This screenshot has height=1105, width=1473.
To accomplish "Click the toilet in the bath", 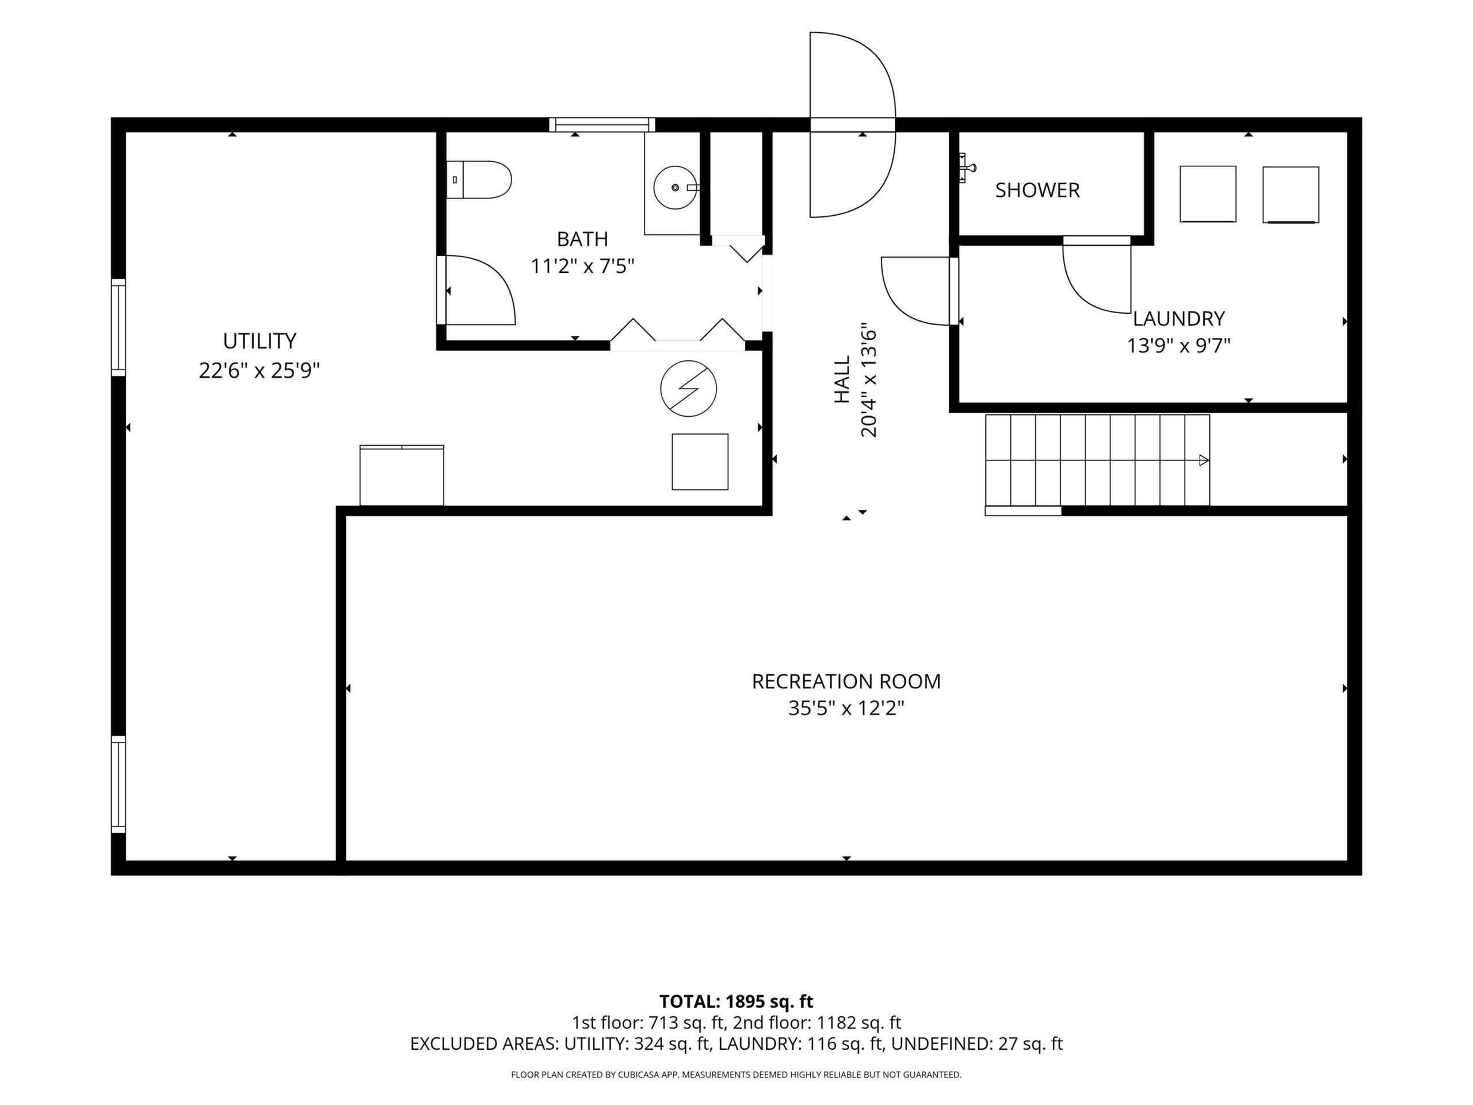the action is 478,180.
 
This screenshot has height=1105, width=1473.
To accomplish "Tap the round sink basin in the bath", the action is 676,188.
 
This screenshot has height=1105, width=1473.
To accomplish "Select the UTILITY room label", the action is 260,341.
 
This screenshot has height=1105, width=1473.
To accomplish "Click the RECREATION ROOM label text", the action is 846,681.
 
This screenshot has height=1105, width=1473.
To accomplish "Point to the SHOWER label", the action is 1037,190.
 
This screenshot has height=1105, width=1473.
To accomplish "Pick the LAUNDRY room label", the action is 1178,318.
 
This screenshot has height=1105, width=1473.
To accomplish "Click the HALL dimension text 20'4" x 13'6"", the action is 869,380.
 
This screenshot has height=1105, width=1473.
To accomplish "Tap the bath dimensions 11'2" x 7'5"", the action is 583,266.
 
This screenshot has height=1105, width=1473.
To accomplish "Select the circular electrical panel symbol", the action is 689,389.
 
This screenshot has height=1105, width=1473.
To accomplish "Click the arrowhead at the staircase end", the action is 1204,460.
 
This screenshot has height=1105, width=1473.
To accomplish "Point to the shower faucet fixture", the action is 967,167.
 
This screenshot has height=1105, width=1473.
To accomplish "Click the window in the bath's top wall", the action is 602,124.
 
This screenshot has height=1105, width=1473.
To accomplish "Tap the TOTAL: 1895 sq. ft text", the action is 736,1002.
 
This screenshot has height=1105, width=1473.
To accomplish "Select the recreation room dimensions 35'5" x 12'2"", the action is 846,708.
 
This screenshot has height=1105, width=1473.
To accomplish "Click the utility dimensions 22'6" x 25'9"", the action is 260,370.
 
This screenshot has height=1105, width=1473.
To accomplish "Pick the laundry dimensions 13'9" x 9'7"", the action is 1178,346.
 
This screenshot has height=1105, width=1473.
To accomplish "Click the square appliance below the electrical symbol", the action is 700,462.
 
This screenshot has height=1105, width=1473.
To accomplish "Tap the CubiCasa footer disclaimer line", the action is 736,1074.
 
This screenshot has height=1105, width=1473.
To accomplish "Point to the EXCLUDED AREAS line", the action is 736,1044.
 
